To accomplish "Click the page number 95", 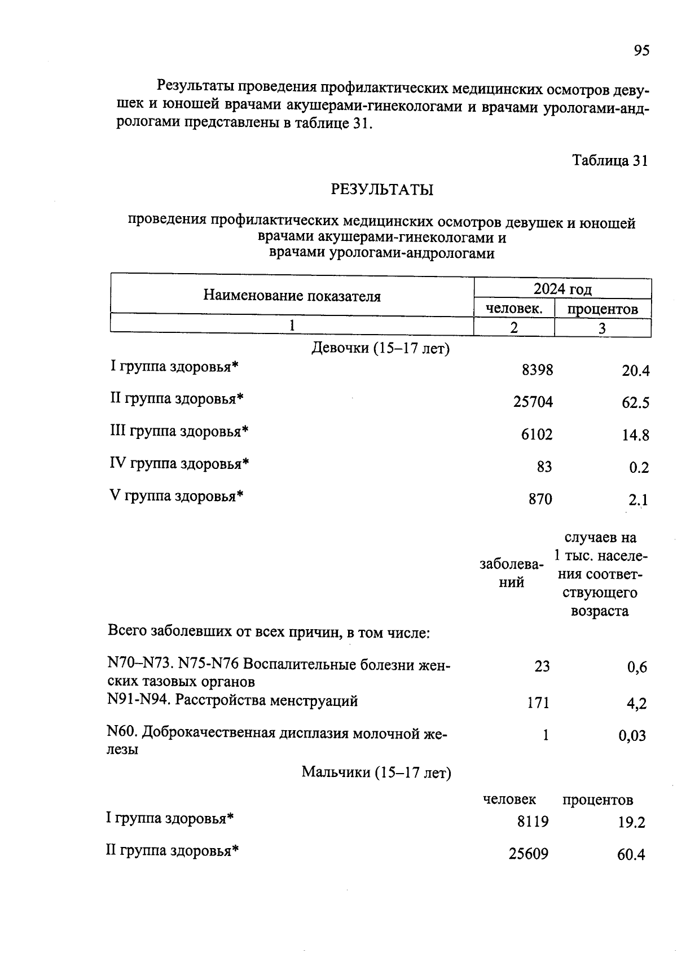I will click(x=641, y=51).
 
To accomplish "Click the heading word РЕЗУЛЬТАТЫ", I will click(x=382, y=190).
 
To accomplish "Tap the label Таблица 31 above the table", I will click(x=610, y=161).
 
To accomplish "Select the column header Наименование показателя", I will click(x=292, y=296).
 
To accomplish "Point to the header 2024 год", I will click(x=562, y=289).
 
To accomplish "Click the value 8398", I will click(x=537, y=370).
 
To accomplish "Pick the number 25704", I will click(x=533, y=402).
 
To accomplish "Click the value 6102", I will click(x=537, y=434).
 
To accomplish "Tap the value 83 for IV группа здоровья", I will click(x=544, y=467).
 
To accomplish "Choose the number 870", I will click(x=540, y=499).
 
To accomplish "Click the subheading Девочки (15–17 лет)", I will click(x=380, y=349).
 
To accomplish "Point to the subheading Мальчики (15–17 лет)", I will click(x=376, y=772).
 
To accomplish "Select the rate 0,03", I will click(x=632, y=736).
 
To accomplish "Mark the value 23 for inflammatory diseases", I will click(x=542, y=666).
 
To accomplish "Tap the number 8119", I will click(x=533, y=822).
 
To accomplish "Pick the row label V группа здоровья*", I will click(x=177, y=497).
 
